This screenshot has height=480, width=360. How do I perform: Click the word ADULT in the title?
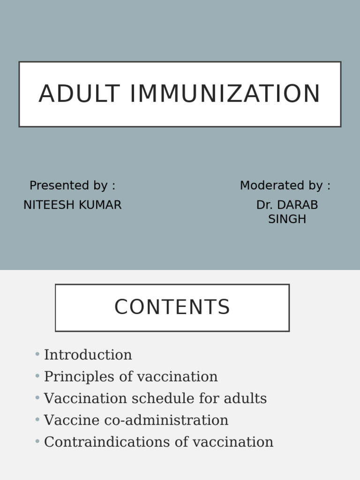click(x=79, y=94)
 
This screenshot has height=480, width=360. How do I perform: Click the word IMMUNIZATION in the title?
click(x=225, y=94)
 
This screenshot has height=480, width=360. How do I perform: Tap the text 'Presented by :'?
click(x=72, y=186)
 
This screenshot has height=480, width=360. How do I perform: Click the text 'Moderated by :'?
click(x=285, y=186)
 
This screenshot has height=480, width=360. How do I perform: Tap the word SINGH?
click(x=287, y=219)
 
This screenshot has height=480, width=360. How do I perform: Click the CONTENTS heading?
click(x=172, y=307)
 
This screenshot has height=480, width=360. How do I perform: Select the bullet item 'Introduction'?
click(x=88, y=355)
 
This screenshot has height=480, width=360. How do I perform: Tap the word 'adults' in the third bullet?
click(x=245, y=399)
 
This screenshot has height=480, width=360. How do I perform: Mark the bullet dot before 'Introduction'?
click(x=37, y=354)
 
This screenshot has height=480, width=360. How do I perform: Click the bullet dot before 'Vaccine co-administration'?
click(x=37, y=420)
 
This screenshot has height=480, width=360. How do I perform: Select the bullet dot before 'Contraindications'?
click(x=37, y=442)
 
